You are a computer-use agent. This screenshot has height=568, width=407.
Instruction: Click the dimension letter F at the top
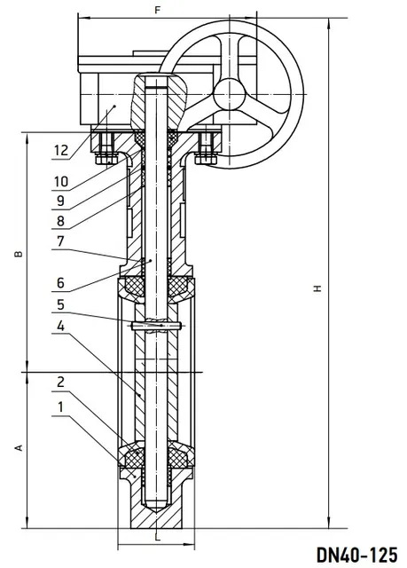click(157, 10)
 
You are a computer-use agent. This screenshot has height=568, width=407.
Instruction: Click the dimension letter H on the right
click(317, 288)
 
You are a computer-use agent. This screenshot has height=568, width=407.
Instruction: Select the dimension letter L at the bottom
click(157, 538)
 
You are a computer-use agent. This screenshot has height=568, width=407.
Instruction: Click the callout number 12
click(61, 150)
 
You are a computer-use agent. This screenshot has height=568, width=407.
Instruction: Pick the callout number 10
click(61, 181)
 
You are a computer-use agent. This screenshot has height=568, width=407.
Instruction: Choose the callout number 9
click(61, 201)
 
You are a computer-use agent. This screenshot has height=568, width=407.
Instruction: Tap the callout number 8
click(61, 221)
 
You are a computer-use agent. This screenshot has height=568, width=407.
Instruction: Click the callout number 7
click(61, 241)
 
